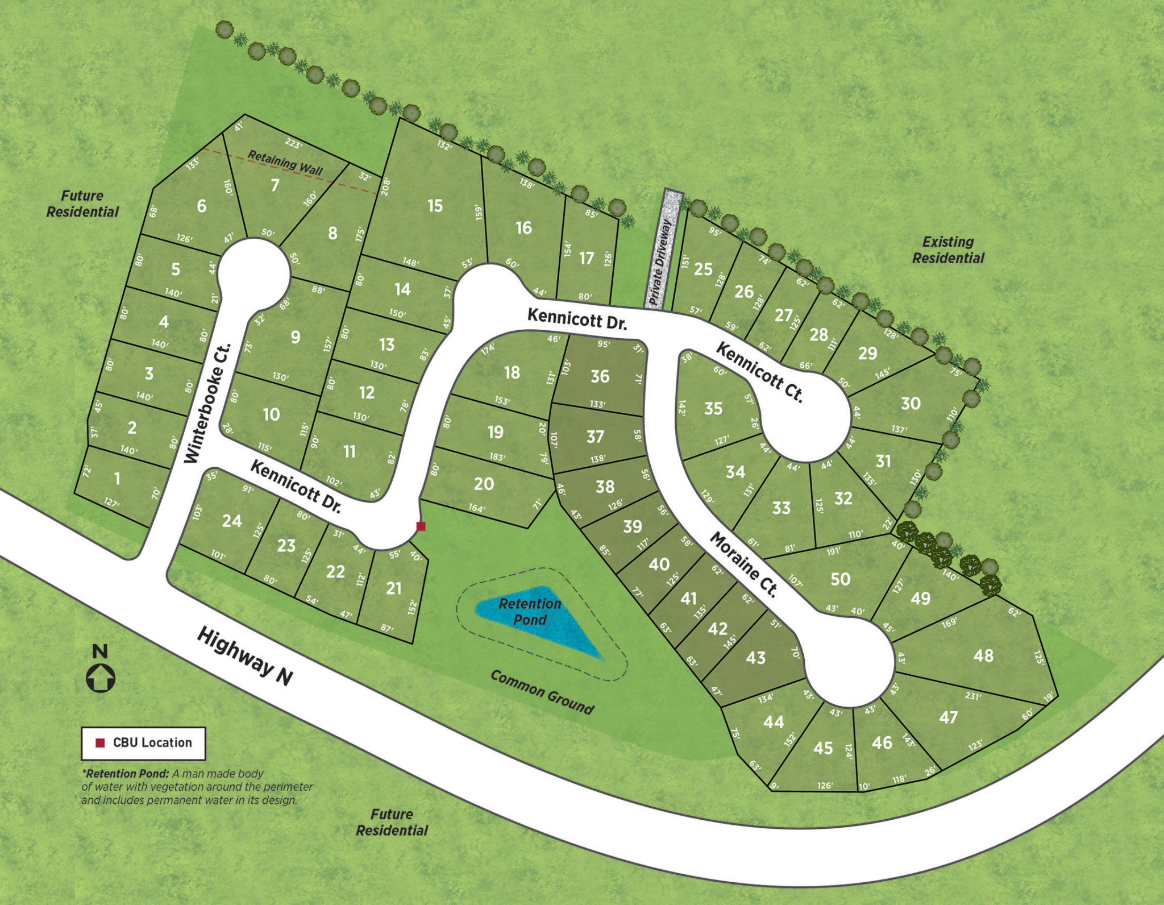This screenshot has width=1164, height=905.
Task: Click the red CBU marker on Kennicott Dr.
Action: click(x=421, y=526)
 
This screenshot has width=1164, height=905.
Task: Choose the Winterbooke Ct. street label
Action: click(x=209, y=403)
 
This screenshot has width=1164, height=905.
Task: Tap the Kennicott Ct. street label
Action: click(x=759, y=373)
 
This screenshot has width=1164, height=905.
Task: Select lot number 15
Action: click(x=435, y=205)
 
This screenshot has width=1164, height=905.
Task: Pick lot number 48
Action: click(x=983, y=655)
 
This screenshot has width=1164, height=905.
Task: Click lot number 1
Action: click(x=117, y=479)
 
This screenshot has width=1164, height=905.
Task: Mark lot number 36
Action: click(x=600, y=376)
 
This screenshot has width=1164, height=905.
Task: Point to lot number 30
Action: click(x=911, y=404)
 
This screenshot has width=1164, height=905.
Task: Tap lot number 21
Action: click(x=394, y=588)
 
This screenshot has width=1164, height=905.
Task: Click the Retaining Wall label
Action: click(x=285, y=163)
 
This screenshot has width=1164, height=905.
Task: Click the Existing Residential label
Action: click(x=948, y=250)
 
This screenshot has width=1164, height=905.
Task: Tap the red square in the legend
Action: click(x=100, y=742)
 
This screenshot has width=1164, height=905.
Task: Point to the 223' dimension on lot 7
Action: click(x=293, y=144)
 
